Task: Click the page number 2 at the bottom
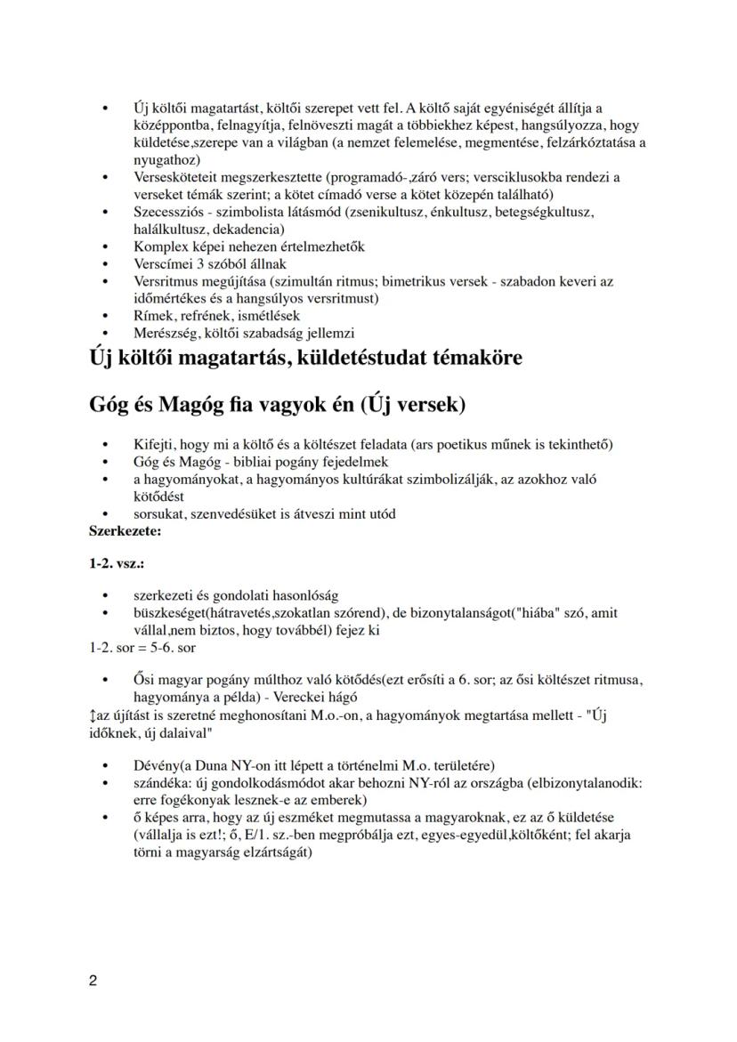click(x=93, y=981)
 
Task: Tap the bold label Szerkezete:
click(x=126, y=530)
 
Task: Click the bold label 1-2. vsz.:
click(x=117, y=564)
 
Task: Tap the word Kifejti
click(x=154, y=444)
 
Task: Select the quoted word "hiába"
click(x=522, y=613)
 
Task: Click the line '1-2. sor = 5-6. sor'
click(x=142, y=648)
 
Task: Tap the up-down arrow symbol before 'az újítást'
click(x=93, y=715)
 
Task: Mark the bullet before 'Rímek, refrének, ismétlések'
click(x=107, y=316)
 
